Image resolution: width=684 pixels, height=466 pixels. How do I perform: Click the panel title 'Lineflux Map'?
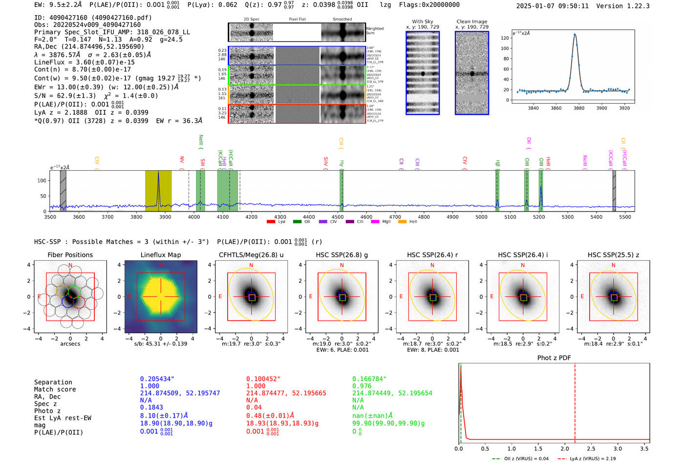tap(160, 255)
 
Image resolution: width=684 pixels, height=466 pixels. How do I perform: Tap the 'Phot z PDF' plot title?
tap(554, 357)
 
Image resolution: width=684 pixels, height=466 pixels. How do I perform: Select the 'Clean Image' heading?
tap(471, 22)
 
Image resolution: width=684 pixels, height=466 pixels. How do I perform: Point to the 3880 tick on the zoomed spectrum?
tap(578, 108)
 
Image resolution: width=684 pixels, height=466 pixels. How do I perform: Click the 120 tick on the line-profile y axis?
tap(505, 38)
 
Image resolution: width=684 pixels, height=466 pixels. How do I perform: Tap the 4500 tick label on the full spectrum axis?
tap(338, 217)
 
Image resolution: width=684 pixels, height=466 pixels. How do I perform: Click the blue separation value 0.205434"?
tap(157, 379)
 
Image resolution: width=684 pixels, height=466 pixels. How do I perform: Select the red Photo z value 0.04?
tap(254, 407)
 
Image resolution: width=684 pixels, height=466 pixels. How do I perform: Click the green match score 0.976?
tap(362, 386)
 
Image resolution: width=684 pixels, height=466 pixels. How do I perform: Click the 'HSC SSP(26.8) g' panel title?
tap(342, 255)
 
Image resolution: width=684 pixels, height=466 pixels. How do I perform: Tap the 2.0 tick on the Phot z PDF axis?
tap(564, 448)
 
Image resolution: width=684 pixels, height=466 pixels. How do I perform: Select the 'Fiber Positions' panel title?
tap(70, 255)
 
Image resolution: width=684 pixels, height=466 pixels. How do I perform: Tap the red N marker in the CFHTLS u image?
tap(251, 266)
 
